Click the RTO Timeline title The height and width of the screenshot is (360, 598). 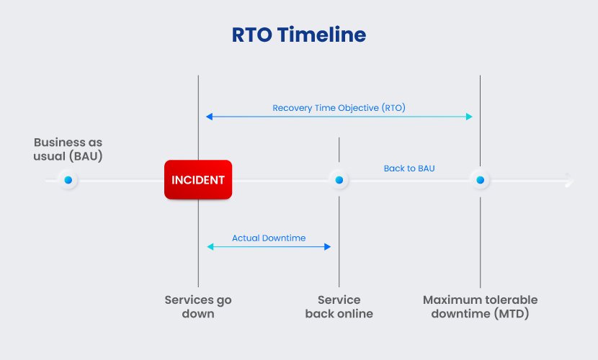(x=299, y=35)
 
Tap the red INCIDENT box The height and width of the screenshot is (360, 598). (x=198, y=179)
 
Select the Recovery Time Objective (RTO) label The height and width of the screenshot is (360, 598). (x=339, y=108)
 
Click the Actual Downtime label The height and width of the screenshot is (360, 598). (x=269, y=238)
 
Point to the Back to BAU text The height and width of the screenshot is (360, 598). (x=409, y=168)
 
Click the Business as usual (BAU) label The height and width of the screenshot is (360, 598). (x=68, y=149)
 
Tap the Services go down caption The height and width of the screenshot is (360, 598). (x=198, y=307)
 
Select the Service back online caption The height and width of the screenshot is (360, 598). (x=339, y=307)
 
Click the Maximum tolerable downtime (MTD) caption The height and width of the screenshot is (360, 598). (x=480, y=307)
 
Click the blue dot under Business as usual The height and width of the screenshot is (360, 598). (x=68, y=180)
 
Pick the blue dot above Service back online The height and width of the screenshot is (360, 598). (x=339, y=180)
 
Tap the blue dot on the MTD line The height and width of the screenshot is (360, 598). (x=480, y=180)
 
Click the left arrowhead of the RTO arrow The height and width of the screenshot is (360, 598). (x=209, y=117)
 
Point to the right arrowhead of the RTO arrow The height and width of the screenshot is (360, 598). (x=470, y=117)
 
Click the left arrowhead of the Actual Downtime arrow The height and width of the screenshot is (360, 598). (x=210, y=247)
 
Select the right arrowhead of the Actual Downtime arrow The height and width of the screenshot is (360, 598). (x=328, y=247)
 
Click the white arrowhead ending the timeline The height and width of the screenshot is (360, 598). (x=570, y=180)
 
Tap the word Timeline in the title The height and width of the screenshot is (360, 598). (x=322, y=35)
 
